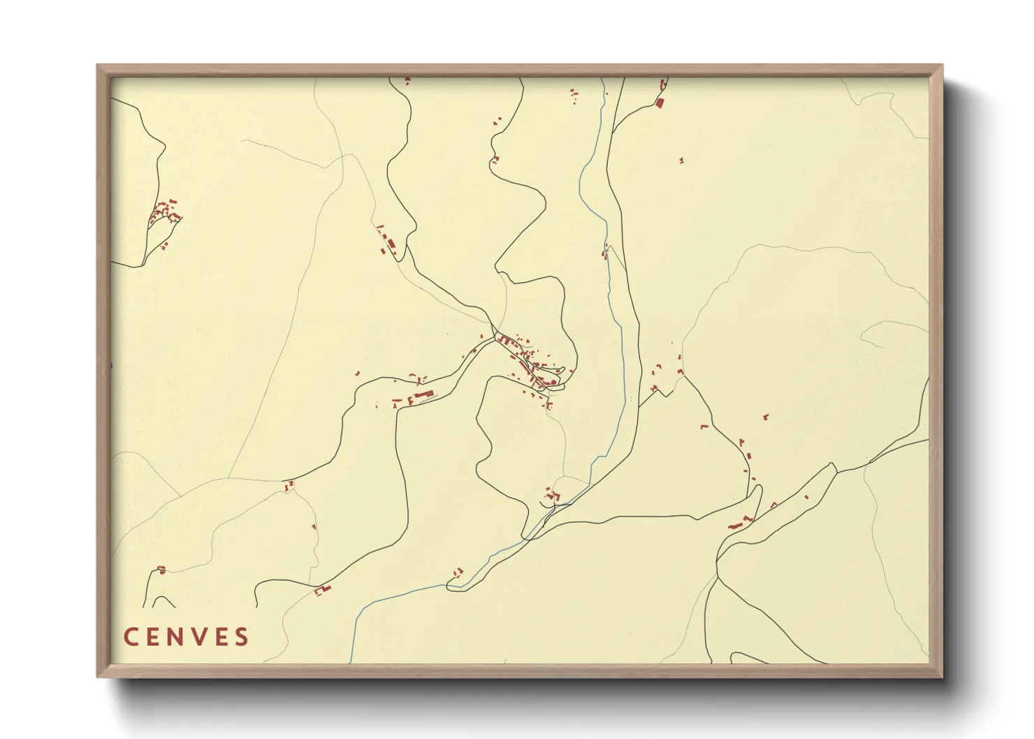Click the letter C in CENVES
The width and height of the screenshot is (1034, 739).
(x=131, y=637)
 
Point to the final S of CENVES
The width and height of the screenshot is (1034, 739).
(x=242, y=637)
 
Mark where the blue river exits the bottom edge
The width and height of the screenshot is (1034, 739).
(x=351, y=661)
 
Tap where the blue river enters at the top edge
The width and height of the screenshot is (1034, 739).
(x=603, y=80)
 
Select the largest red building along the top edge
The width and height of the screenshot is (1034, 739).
(x=659, y=103)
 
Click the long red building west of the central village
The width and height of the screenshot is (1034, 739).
(x=421, y=396)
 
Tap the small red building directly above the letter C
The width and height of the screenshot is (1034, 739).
(x=161, y=570)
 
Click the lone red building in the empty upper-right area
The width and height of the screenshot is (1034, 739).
(x=682, y=161)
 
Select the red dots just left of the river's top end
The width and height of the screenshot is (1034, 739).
(x=574, y=96)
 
